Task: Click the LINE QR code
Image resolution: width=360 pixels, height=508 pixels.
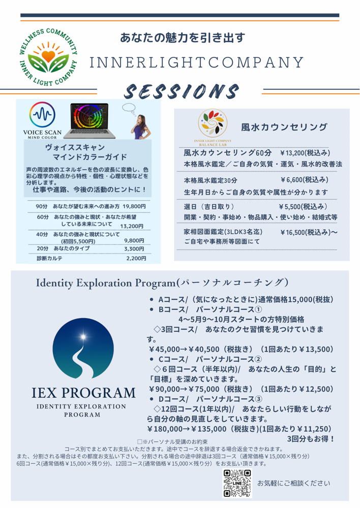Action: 237,483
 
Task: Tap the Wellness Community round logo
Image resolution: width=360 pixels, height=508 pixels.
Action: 48,57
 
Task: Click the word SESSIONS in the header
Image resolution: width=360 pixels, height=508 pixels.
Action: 182,91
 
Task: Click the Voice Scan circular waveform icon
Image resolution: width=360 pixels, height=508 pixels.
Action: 42,115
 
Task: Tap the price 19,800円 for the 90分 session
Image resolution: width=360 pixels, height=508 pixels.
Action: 134,206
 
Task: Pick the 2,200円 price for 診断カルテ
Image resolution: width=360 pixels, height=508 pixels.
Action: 136,258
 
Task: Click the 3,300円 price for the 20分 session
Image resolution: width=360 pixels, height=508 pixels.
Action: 134,248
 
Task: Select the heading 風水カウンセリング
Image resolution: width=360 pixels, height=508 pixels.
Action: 284,127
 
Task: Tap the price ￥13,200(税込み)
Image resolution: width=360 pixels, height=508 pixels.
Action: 305,152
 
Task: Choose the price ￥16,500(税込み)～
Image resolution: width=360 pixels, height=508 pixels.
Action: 309,232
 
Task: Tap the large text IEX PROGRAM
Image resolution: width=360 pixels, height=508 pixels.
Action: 83,393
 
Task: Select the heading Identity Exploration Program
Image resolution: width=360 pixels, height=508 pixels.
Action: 106,283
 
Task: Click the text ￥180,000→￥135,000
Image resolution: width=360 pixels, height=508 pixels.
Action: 187,429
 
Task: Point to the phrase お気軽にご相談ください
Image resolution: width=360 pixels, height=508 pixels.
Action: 294,483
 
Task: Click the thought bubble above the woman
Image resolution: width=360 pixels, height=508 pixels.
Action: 129,108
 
